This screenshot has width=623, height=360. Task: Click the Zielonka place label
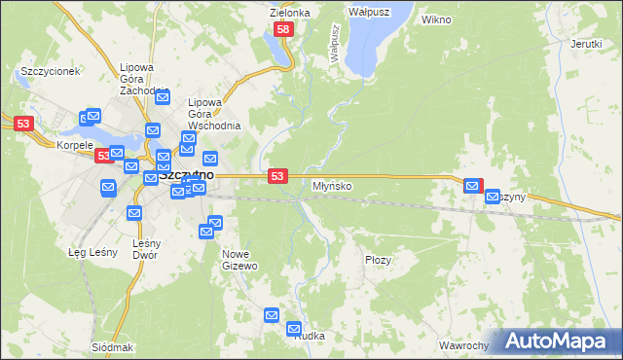tap(289, 13)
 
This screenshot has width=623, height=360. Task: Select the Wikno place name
tap(437, 19)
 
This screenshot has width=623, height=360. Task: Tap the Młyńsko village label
tap(332, 185)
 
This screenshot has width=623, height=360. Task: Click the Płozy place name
tap(378, 260)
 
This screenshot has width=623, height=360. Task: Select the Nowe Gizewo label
tap(239, 260)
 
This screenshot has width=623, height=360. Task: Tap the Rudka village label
tap(307, 336)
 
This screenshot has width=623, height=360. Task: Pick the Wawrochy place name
tap(462, 346)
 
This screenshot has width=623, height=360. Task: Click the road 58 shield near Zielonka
tap(282, 31)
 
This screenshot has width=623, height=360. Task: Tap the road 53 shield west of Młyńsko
tap(278, 175)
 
